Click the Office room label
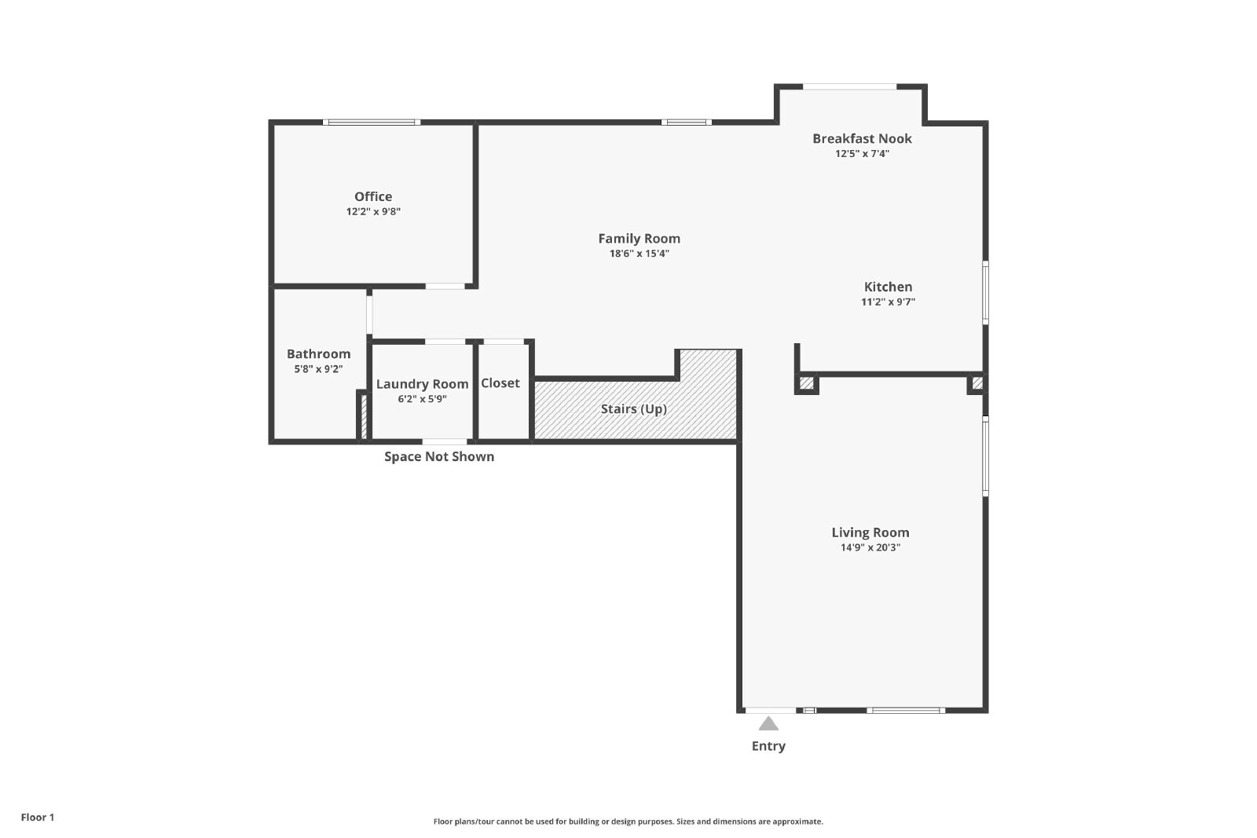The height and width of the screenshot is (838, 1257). point(373,196)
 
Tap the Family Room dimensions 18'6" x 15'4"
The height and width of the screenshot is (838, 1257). point(639,254)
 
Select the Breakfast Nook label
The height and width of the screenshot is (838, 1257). point(862,138)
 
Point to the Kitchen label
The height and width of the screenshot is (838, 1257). point(888,287)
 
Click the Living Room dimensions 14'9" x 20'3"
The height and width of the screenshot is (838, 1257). point(870,547)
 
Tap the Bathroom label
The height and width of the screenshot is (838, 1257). point(319,354)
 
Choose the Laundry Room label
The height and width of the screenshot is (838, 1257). point(422,384)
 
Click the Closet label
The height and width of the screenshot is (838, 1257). point(500,383)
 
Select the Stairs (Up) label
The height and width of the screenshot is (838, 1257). point(634,409)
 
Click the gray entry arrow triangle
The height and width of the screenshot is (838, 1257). point(769,725)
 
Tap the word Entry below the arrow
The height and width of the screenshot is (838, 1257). point(769,746)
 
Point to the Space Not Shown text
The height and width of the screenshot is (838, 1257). point(439,456)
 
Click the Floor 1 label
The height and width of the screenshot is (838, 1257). point(38,818)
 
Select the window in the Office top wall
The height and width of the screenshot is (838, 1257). point(372,123)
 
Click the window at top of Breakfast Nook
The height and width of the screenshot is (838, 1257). point(849,87)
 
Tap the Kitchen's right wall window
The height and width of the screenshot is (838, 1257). point(985,292)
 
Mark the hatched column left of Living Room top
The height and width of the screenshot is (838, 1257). point(806,383)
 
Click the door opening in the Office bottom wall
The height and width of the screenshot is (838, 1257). point(445,286)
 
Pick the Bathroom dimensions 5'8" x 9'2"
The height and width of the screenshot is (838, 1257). point(319,369)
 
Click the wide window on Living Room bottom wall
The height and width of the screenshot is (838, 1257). point(906,711)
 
